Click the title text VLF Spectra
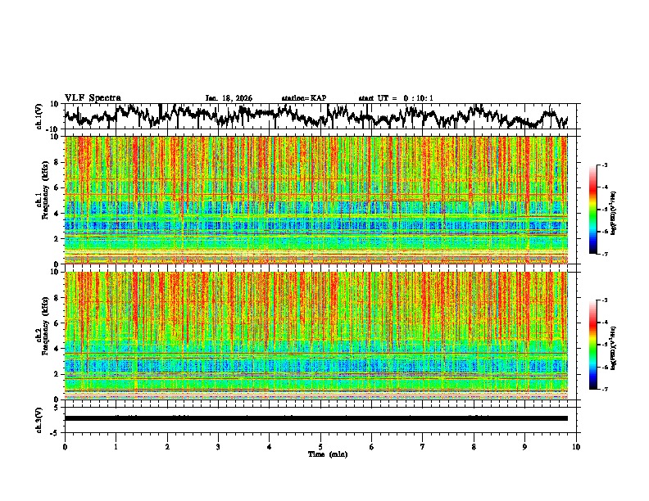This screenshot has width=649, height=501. coord(92,97)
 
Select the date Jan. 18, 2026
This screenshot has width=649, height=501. coord(229,98)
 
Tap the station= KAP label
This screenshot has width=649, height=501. coord(303,98)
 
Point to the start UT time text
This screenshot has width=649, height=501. coord(396,98)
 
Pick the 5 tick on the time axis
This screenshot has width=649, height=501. coord(320,446)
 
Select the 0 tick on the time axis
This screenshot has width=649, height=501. coord(65,446)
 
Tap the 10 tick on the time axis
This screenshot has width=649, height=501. coord(576,446)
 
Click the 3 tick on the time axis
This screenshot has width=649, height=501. coord(218,446)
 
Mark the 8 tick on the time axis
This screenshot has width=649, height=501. coord(474,446)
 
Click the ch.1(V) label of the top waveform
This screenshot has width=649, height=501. coord(39,117)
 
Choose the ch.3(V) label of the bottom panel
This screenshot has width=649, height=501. coord(39,417)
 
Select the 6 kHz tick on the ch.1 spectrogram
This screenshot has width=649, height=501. coord(57,188)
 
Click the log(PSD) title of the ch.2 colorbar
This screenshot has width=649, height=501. coord(613,345)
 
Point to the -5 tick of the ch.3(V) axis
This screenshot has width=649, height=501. coord(56,431)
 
